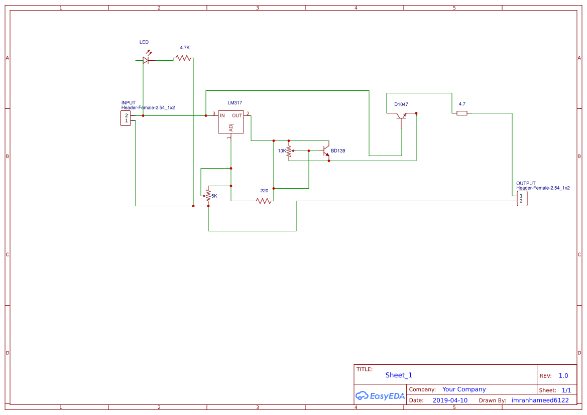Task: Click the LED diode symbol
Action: (x=146, y=60)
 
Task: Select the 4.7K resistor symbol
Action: (x=183, y=59)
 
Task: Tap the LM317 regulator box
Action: (x=231, y=122)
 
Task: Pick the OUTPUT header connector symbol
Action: (x=522, y=198)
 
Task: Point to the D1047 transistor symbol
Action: (x=401, y=116)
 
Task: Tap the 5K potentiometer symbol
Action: (x=208, y=196)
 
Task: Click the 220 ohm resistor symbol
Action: (x=264, y=201)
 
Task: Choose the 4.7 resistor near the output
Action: (x=462, y=113)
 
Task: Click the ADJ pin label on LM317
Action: (x=231, y=127)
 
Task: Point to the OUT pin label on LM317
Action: (x=237, y=115)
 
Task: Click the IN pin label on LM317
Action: (x=222, y=115)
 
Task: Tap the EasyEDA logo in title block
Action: (x=380, y=395)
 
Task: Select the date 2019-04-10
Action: (x=450, y=400)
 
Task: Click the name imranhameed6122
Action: (x=540, y=400)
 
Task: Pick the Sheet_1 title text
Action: (x=399, y=375)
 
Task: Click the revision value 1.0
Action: (x=563, y=376)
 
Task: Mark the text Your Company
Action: (x=464, y=389)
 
